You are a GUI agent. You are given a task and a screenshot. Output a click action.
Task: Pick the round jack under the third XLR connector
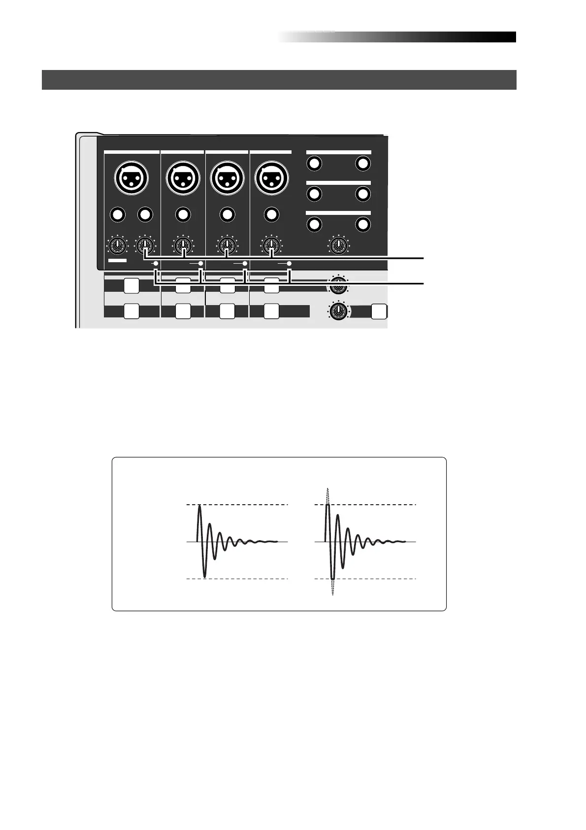227,214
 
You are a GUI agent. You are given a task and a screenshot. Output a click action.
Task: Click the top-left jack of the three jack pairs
314,164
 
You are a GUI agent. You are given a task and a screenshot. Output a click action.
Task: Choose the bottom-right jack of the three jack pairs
363,225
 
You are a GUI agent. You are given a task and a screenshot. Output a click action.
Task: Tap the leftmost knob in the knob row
118,245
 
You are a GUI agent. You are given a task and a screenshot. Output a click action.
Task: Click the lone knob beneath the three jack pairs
338,245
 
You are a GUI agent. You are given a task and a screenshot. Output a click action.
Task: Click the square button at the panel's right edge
378,311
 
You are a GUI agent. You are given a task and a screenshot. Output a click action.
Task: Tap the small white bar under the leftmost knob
118,260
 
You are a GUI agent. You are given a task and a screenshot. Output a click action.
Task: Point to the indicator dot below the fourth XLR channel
289,264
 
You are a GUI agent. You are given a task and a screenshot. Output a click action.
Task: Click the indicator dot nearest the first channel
156,264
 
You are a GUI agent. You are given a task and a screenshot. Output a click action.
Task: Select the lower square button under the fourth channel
271,311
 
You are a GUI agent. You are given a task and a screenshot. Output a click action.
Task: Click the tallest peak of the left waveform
199,507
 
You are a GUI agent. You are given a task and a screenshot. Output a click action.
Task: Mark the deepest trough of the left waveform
205,576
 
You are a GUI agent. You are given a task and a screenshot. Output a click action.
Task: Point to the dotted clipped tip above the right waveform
327,495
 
